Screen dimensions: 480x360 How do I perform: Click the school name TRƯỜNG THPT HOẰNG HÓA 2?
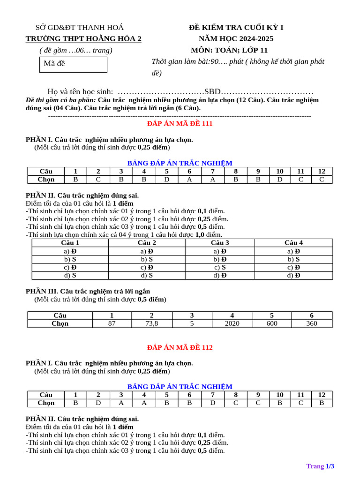click(83, 39)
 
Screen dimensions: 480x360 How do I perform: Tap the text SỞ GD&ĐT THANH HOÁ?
click(80, 28)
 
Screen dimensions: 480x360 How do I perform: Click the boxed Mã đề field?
click(73, 65)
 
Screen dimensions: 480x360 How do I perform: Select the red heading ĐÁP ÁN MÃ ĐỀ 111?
click(180, 123)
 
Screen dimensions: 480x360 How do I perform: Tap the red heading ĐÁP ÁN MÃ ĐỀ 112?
click(180, 347)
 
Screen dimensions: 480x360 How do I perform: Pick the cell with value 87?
click(112, 323)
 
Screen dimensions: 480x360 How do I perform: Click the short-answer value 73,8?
click(151, 323)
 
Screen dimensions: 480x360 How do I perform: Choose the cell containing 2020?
click(232, 323)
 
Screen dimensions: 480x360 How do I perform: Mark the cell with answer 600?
click(272, 323)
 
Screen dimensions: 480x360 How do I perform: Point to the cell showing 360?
click(312, 323)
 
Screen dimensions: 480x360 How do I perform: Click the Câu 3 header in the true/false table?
click(220, 243)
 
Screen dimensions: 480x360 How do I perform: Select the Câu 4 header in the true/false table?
click(294, 243)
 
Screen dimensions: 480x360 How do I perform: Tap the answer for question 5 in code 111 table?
click(166, 179)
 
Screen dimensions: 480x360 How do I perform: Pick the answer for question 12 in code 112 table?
click(322, 403)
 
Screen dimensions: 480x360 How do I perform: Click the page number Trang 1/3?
click(320, 466)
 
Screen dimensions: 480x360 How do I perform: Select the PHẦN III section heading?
click(88, 291)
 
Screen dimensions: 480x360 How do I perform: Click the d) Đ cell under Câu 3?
click(220, 275)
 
